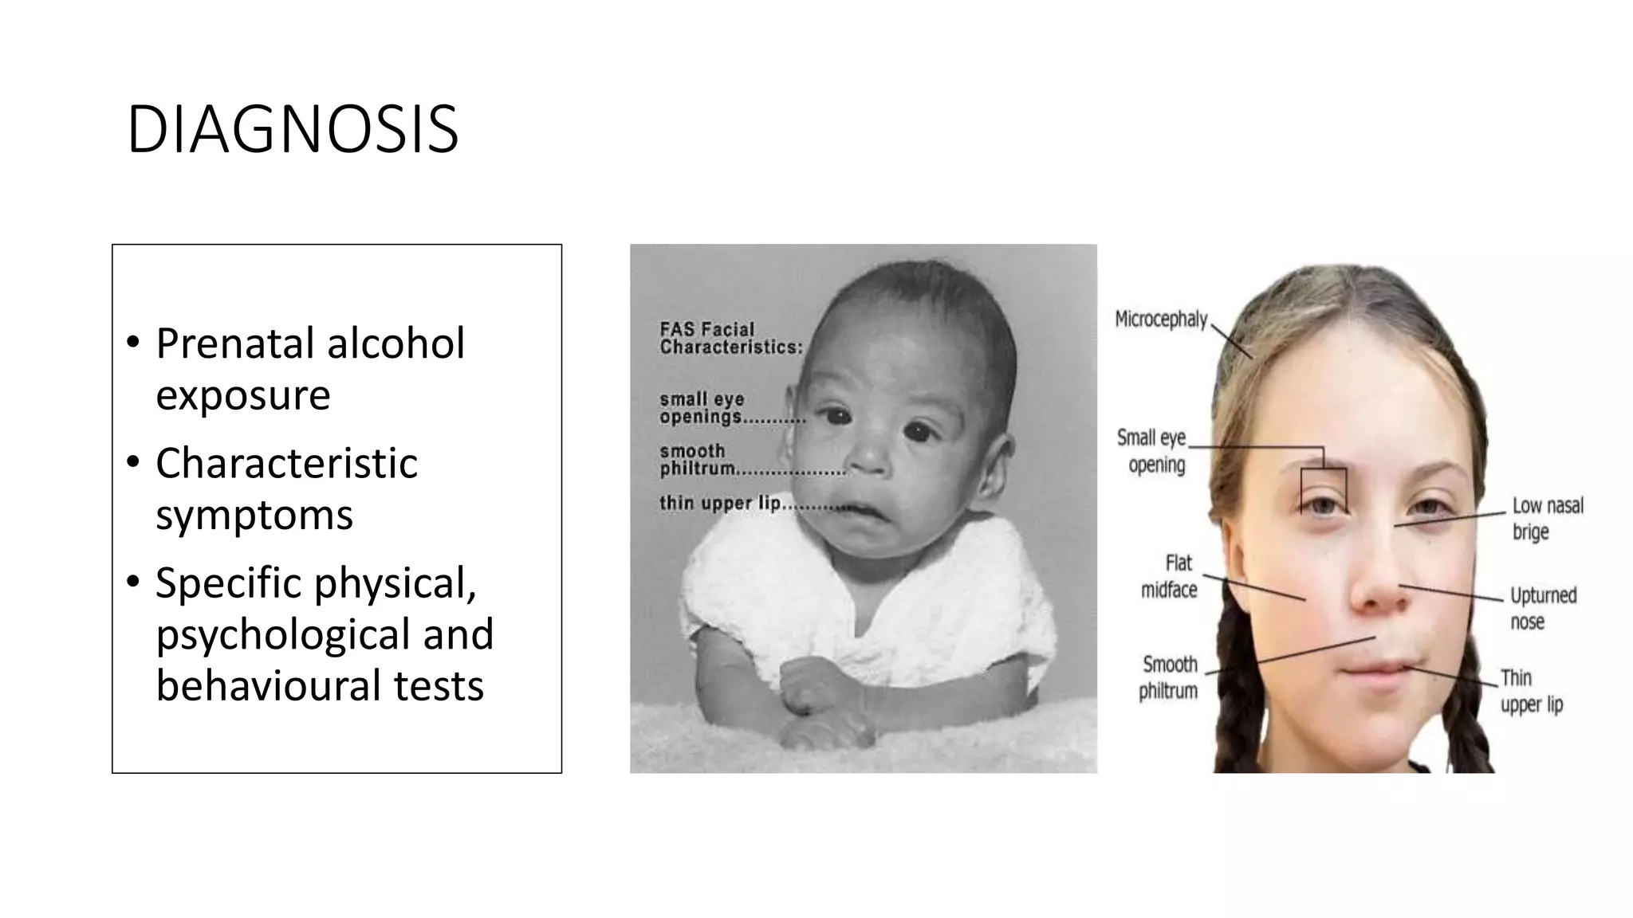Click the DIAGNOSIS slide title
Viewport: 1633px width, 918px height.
[293, 129]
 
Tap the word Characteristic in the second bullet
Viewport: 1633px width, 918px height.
[286, 463]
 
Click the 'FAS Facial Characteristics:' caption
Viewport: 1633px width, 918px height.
[730, 339]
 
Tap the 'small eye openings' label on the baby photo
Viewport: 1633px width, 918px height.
[702, 408]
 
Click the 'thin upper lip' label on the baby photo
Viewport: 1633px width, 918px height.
[719, 503]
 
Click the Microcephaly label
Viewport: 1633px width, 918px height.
[1160, 320]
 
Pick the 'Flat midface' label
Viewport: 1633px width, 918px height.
[1170, 576]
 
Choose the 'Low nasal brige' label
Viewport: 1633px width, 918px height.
[1547, 519]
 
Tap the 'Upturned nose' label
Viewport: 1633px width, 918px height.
[1543, 608]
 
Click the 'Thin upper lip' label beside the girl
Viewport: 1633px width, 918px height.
[1531, 691]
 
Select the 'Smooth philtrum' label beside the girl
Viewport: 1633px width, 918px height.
[1169, 677]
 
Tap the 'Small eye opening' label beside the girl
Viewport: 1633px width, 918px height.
[1152, 451]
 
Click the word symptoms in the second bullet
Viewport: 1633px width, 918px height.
[254, 515]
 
